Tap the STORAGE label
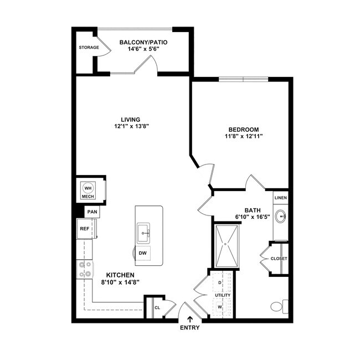(x=89, y=48)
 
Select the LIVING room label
(x=131, y=119)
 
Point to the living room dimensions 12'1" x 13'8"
(x=131, y=126)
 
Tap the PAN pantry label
(x=92, y=212)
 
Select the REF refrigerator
(x=85, y=228)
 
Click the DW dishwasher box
(x=142, y=254)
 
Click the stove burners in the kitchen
(x=85, y=269)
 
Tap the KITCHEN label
(x=121, y=275)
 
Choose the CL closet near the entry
(x=157, y=307)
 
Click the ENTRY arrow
(x=191, y=318)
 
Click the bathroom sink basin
(x=280, y=216)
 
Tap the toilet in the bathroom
(x=278, y=306)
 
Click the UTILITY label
(x=223, y=295)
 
